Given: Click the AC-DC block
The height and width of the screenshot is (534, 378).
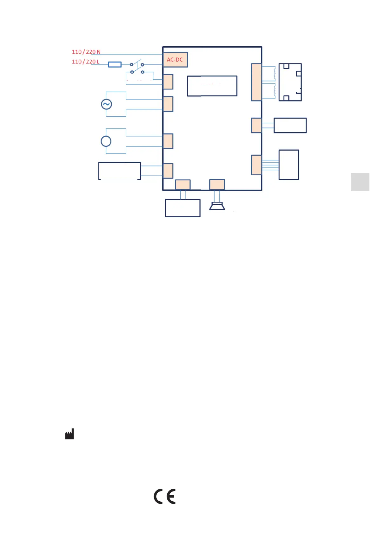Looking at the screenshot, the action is click(175, 60).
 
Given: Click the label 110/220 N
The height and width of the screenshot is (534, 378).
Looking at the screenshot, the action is click(86, 52).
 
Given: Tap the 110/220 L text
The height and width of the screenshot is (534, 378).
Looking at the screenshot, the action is click(85, 62).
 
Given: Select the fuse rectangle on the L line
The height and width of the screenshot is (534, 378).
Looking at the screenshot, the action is click(115, 64).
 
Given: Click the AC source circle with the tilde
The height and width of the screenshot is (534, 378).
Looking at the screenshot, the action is click(106, 104).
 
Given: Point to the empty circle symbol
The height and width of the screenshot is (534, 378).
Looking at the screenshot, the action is click(106, 141).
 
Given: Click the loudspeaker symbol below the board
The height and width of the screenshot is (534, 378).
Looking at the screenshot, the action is click(217, 206).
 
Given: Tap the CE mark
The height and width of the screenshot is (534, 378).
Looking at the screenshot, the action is click(165, 496).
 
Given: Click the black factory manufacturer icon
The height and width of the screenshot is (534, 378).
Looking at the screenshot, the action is click(70, 434).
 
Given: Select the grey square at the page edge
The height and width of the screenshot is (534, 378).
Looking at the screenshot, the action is click(360, 182).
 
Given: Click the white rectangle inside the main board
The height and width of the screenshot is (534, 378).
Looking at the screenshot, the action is click(212, 86).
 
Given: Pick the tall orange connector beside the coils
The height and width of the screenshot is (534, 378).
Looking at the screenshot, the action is click(256, 82).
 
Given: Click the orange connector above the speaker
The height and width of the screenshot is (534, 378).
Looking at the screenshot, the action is click(217, 185).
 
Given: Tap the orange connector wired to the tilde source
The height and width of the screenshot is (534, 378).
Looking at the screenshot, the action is click(168, 104).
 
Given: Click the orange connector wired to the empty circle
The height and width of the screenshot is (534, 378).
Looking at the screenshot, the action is click(168, 141).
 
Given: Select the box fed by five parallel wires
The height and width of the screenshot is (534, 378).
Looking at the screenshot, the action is click(289, 165).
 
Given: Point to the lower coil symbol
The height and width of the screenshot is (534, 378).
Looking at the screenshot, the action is click(275, 91).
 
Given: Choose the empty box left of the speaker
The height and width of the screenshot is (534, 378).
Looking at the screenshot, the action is click(182, 208).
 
